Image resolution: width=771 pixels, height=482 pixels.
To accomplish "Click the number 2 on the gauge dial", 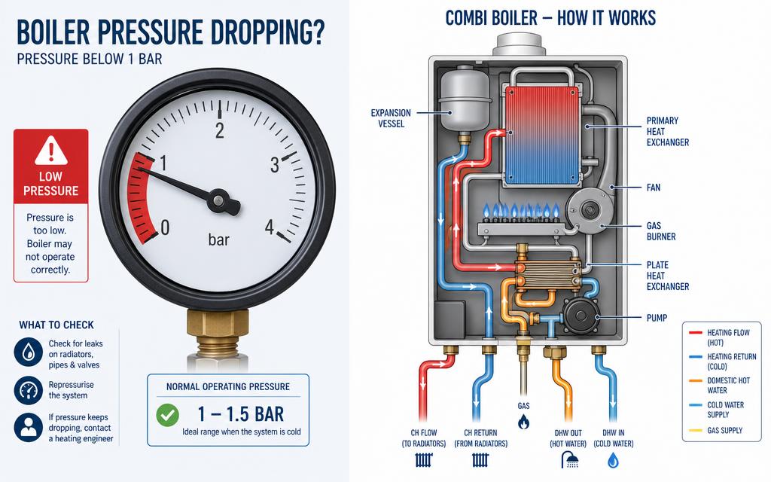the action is [219, 130].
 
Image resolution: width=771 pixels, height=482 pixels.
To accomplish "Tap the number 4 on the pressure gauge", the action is [270, 227].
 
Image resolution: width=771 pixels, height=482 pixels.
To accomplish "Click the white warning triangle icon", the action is [50, 151].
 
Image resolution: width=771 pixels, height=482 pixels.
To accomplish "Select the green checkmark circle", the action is [168, 415].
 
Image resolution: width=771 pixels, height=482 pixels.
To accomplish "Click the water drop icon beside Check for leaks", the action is [29, 352].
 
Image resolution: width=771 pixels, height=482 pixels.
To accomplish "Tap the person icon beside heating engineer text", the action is [29, 427].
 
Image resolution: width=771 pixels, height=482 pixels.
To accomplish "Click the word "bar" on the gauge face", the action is [219, 239].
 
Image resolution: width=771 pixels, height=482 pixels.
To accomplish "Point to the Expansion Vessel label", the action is [391, 118].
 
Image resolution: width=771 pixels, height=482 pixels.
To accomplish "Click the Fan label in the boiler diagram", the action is [654, 188].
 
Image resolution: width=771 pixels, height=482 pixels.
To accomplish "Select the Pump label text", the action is [657, 318].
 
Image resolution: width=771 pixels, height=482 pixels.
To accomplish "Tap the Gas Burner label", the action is [661, 231].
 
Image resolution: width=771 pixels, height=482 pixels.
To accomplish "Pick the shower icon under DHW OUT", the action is [569, 460].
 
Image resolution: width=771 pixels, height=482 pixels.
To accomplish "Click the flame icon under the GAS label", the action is [524, 422].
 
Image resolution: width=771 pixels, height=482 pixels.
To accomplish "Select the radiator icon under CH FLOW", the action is [423, 460].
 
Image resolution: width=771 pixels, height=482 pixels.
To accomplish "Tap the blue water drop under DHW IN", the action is [613, 460].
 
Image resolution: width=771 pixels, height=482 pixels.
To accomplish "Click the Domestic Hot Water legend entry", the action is [723, 385].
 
